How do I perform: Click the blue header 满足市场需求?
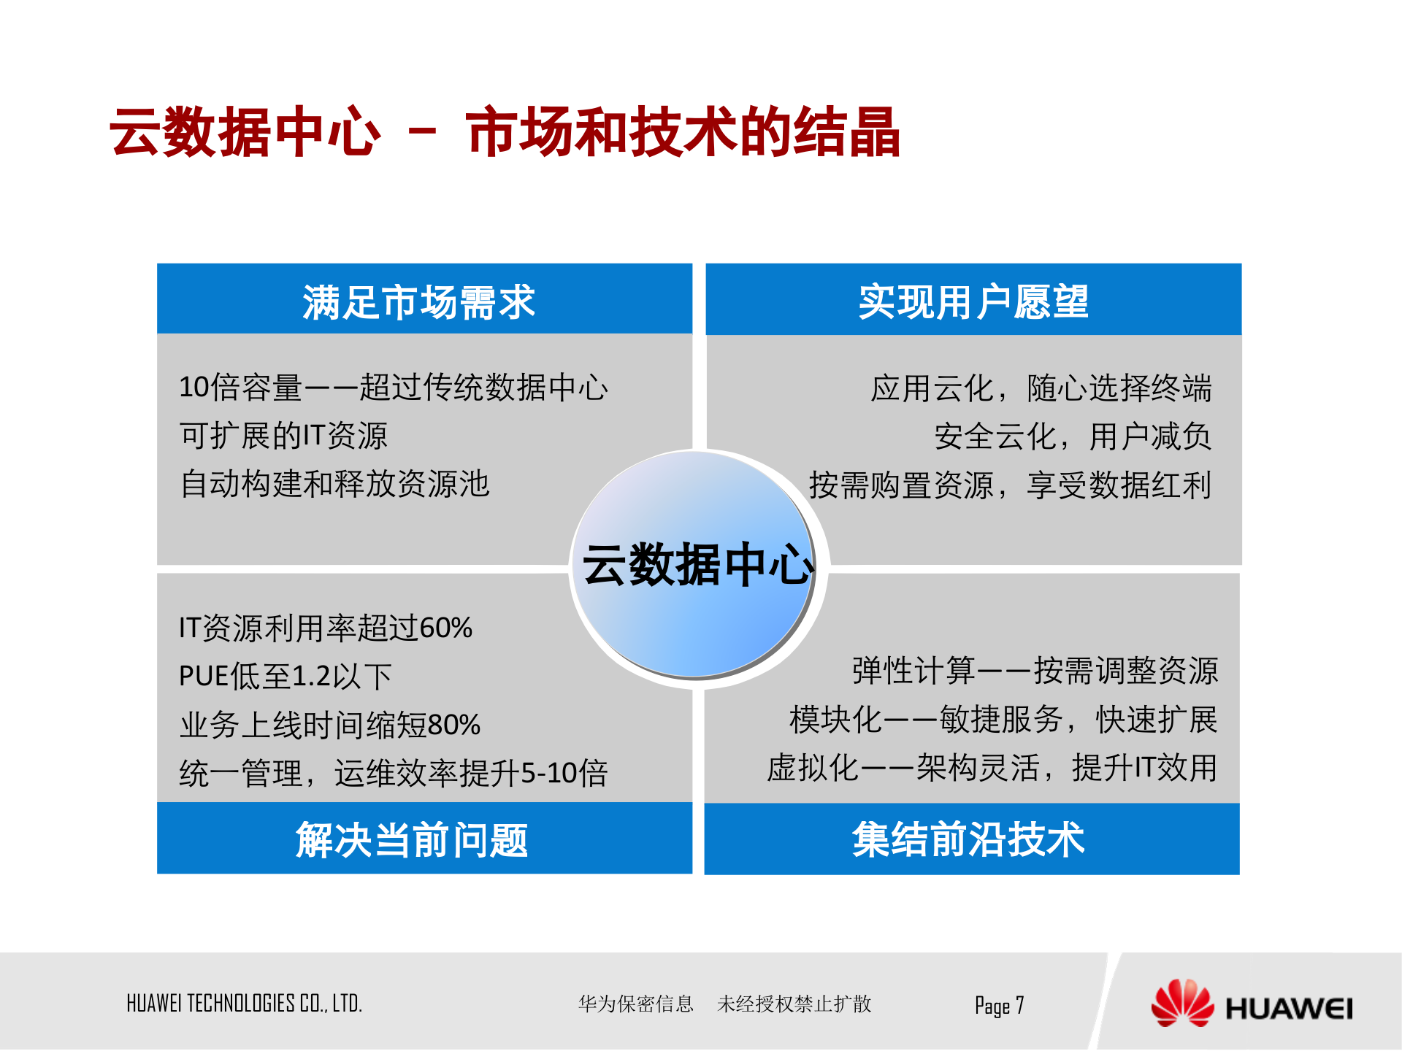click(419, 301)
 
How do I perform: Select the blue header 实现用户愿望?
click(973, 301)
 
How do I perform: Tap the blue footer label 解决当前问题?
click(412, 839)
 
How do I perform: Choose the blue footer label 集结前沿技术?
click(968, 839)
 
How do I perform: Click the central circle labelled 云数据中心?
click(697, 565)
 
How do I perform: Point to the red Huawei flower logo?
click(1181, 1004)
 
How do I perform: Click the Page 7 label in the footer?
click(999, 1006)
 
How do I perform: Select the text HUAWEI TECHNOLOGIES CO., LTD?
click(244, 1004)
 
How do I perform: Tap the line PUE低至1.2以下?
click(286, 676)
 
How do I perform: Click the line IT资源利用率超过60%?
click(326, 628)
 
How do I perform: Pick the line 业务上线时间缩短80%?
click(330, 725)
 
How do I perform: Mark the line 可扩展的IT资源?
click(283, 436)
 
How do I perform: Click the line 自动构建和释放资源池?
click(334, 484)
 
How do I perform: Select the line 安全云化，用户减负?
click(1073, 436)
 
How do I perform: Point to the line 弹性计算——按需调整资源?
click(1035, 671)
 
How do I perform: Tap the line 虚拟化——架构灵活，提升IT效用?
click(992, 768)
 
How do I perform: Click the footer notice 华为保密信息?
click(635, 1004)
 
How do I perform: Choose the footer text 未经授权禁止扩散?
click(794, 1004)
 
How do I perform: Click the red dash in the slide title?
click(422, 132)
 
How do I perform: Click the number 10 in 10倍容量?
click(194, 387)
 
